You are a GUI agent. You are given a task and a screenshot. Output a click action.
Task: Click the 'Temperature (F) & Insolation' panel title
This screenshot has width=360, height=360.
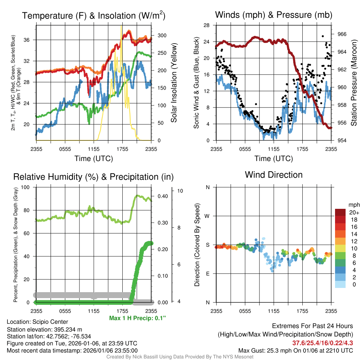[94, 16]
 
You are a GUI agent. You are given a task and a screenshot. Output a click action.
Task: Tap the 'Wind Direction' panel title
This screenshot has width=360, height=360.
[274, 175]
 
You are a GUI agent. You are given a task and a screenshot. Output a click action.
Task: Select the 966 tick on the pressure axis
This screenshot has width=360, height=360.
[342, 34]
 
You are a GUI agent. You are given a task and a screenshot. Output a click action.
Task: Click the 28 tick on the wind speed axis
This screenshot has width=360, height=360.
[207, 25]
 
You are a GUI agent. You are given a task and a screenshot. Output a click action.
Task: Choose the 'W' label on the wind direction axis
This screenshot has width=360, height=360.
[208, 216]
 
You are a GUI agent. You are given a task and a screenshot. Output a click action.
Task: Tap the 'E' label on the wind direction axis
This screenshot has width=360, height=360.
[208, 274]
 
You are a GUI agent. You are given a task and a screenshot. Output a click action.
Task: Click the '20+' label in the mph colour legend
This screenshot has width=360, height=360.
[354, 212]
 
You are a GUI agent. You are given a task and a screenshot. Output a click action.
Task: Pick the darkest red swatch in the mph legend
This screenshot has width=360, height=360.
[340, 212]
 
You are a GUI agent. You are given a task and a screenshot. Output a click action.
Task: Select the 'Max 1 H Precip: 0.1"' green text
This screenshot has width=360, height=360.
[137, 318]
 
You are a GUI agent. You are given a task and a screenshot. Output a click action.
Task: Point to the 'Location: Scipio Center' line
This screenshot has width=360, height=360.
[38, 322]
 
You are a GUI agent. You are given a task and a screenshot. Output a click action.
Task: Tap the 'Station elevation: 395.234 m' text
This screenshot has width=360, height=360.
[44, 329]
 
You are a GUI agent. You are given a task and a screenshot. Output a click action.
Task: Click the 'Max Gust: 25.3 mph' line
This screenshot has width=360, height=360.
[295, 350]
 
